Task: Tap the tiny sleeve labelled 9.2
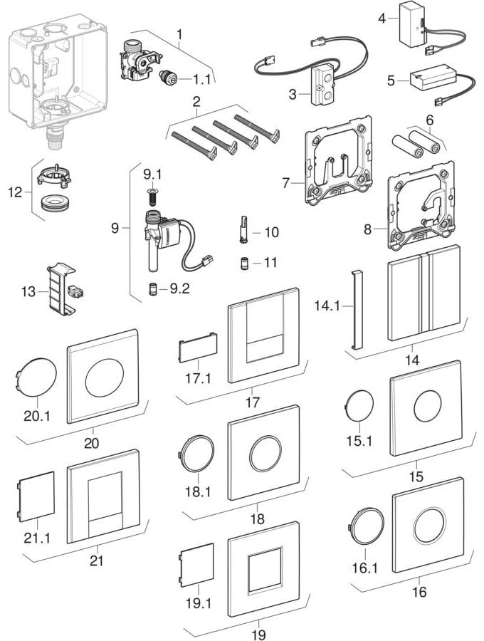(x=153, y=289)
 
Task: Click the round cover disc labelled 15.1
(x=356, y=410)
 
